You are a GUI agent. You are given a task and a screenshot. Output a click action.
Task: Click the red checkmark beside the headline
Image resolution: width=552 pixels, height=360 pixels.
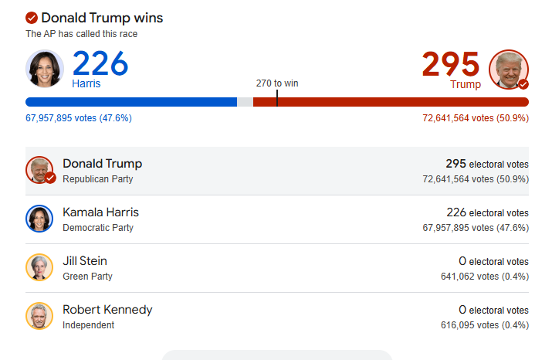[x=32, y=18]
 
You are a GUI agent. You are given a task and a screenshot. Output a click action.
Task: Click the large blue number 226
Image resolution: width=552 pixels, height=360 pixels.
[x=100, y=63]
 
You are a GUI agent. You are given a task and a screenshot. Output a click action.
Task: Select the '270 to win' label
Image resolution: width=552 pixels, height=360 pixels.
[x=277, y=83]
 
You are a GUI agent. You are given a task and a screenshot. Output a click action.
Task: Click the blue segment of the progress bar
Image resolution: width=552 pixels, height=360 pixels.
[x=131, y=102]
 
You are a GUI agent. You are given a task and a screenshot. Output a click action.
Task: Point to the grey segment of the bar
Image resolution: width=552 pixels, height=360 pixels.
[x=245, y=102]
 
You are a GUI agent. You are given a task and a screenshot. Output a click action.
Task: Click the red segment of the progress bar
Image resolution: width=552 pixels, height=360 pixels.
[x=401, y=102]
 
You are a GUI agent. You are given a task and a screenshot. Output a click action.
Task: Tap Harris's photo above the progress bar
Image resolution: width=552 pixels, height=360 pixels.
[x=45, y=69]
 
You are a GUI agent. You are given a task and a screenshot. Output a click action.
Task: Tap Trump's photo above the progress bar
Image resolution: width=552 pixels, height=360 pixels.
[x=509, y=69]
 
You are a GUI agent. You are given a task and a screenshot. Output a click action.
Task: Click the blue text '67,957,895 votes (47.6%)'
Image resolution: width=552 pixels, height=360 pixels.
[x=79, y=118]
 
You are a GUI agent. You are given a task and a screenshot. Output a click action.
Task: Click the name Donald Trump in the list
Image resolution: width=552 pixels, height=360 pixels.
[x=102, y=164]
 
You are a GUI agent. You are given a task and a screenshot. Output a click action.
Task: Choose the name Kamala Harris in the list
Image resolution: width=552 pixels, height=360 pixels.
[x=100, y=212]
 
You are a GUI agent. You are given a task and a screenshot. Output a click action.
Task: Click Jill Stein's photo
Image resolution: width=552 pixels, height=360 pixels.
[x=39, y=267]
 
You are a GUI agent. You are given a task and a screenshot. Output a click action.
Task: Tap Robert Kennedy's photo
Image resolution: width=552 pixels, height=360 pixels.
[x=39, y=316]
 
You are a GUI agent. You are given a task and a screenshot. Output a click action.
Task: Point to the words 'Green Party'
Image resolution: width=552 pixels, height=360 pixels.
[x=87, y=277]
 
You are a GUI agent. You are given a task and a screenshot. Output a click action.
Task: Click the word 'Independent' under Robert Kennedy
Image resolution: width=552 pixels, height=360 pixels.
[x=88, y=325]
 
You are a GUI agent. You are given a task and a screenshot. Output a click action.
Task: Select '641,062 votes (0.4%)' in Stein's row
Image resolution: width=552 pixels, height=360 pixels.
[x=485, y=277]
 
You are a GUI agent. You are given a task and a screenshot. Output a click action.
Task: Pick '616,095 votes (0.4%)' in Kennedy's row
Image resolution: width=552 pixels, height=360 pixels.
[x=485, y=325]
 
